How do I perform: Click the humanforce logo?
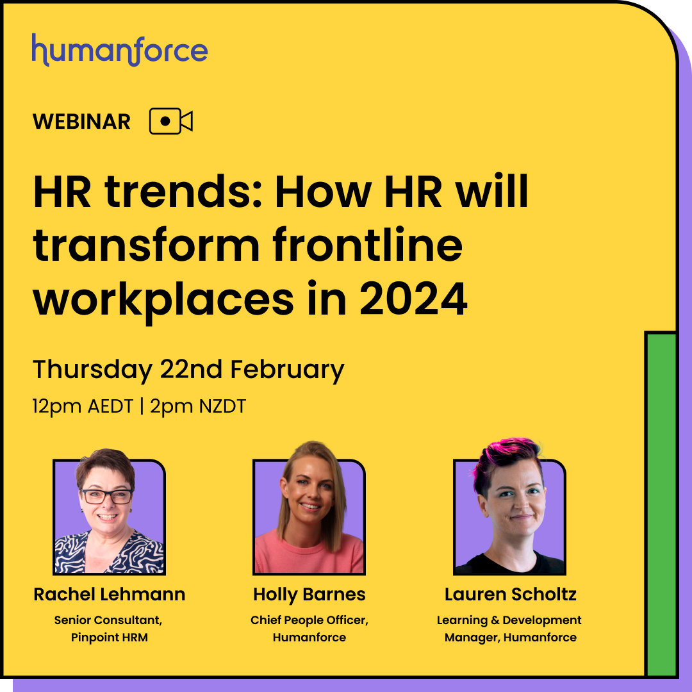coord(120,50)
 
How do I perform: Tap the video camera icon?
coord(171,121)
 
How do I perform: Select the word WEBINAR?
coord(81,121)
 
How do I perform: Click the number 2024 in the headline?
coord(413,299)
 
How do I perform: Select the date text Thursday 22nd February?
coord(188,370)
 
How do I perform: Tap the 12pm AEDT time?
coord(83,406)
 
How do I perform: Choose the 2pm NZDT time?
coord(198,406)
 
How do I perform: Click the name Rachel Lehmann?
coord(110,594)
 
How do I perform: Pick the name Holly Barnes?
coord(309,594)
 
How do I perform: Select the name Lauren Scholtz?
coord(510,594)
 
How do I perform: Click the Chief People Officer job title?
coord(309,620)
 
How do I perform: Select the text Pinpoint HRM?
coord(110,638)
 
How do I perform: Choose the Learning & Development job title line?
coord(509,620)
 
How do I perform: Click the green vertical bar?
coord(661,504)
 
